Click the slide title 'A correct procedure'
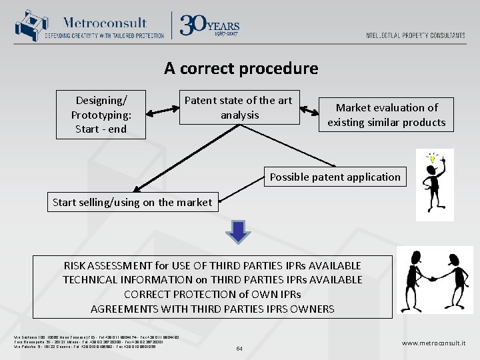[241, 68]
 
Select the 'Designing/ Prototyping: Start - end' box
[101, 115]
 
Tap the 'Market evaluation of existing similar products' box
[387, 115]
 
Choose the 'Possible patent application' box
[335, 177]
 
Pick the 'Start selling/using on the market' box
[132, 202]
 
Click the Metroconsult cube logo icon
[29, 25]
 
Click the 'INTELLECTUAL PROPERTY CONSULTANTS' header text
[415, 35]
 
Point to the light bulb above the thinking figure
[432, 159]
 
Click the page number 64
[240, 347]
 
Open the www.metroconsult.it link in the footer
[433, 343]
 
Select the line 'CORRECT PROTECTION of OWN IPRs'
[212, 294]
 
